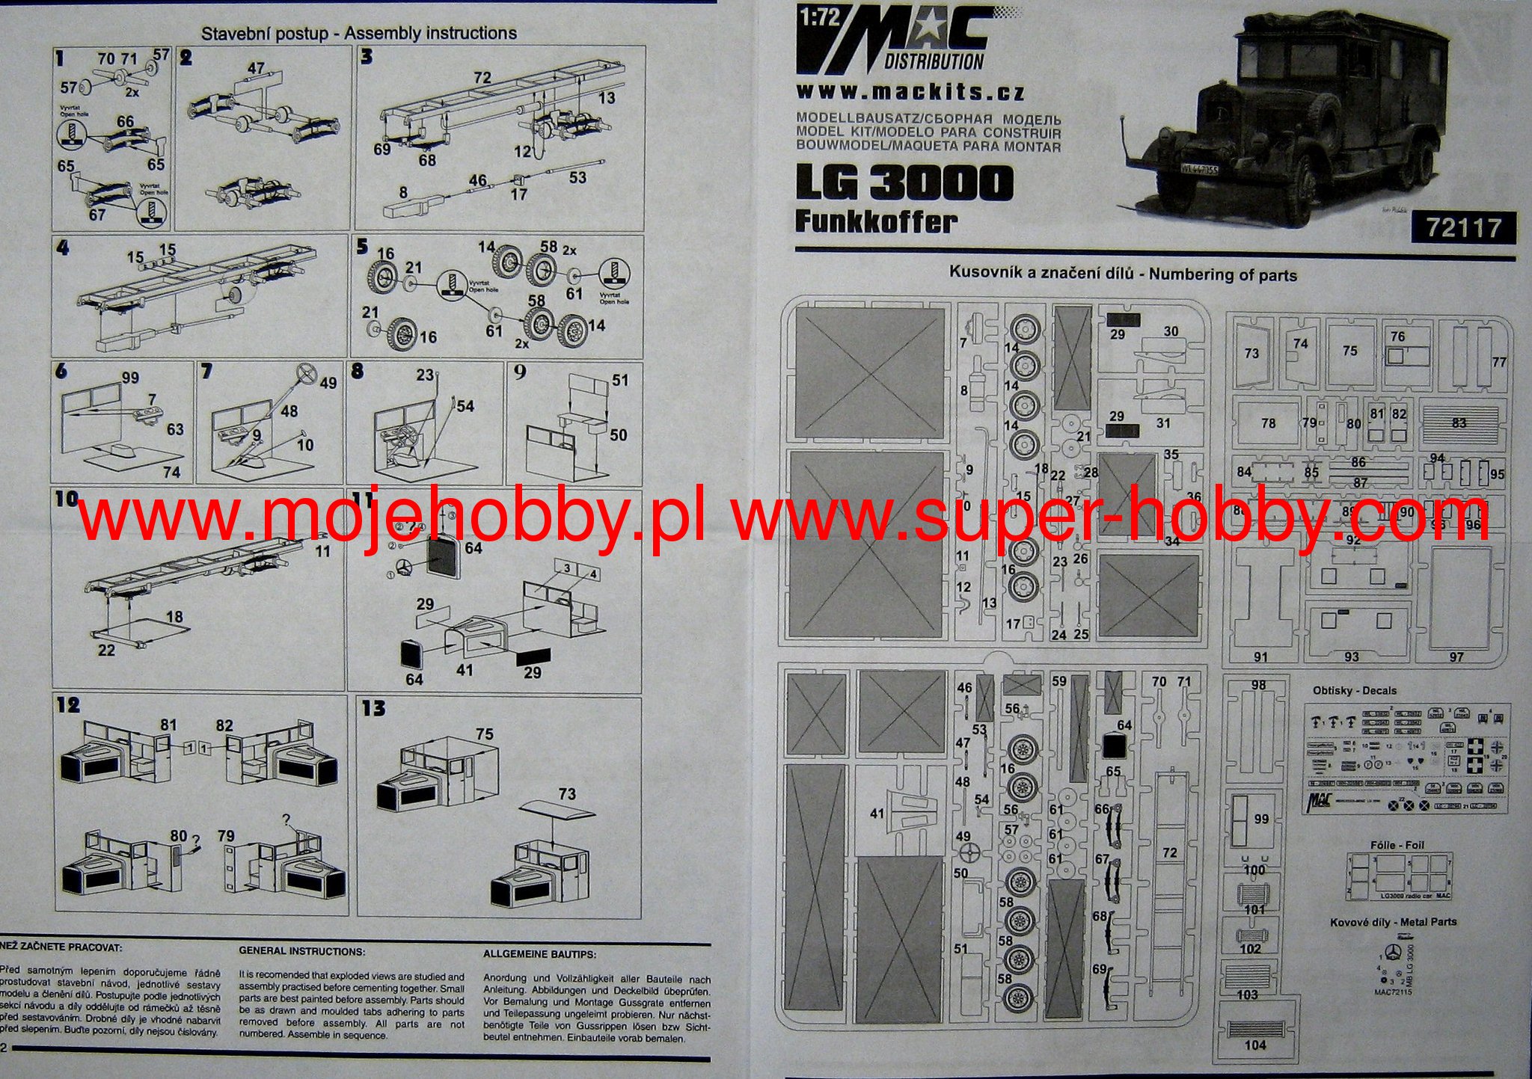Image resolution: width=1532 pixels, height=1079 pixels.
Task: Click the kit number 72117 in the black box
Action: pos(1462,227)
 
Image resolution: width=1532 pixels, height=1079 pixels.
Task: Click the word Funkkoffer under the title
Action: pos(875,222)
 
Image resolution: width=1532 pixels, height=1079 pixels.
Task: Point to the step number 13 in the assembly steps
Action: pos(373,708)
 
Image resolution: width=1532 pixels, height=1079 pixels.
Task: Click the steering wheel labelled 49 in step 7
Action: pos(306,371)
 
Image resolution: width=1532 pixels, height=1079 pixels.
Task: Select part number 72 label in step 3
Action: pos(482,77)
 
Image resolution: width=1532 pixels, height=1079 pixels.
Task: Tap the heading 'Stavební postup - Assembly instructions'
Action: pos(359,33)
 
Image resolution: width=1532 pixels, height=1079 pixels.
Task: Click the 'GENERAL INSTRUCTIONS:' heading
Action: pos(301,952)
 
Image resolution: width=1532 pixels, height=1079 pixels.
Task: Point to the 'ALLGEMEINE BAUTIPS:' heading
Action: pos(540,954)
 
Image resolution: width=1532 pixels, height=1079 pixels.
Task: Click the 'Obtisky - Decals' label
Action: pos(1355,690)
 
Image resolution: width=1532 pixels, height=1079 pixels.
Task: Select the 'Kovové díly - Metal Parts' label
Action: pos(1393,921)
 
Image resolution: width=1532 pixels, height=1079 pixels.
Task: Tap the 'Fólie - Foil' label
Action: pos(1397,845)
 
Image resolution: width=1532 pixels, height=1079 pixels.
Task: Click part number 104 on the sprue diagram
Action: pos(1255,1045)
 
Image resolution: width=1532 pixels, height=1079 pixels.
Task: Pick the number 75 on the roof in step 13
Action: pos(485,734)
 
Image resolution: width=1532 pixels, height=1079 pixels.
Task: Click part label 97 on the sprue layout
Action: pos(1456,657)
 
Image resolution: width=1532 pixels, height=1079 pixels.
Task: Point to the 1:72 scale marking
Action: pos(819,16)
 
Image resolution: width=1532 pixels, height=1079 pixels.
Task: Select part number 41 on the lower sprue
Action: pos(877,814)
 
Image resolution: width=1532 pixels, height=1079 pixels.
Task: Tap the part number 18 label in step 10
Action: pos(174,617)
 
